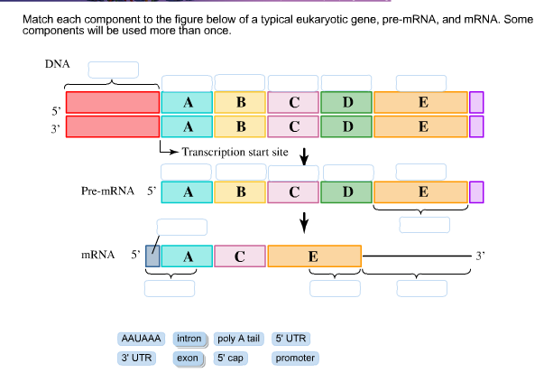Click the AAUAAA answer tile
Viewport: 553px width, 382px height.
pyautogui.click(x=141, y=339)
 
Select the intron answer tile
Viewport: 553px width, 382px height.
pyautogui.click(x=189, y=339)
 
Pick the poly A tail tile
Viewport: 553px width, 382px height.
pyautogui.click(x=239, y=339)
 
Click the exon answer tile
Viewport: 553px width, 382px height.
pyautogui.click(x=188, y=358)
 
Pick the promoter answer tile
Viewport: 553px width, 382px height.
pyautogui.click(x=295, y=358)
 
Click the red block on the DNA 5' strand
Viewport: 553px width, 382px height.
pyautogui.click(x=113, y=102)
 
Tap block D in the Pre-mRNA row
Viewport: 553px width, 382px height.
pyautogui.click(x=347, y=191)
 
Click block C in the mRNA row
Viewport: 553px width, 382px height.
pyautogui.click(x=239, y=256)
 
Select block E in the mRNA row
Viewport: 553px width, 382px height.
pyautogui.click(x=314, y=256)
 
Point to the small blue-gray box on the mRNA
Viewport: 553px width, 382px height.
pyautogui.click(x=152, y=256)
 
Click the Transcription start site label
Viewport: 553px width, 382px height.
pyautogui.click(x=235, y=152)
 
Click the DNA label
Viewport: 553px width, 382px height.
pyautogui.click(x=57, y=64)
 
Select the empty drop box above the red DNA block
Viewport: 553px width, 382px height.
pyautogui.click(x=113, y=70)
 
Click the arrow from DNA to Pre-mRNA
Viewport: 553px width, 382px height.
pyautogui.click(x=304, y=156)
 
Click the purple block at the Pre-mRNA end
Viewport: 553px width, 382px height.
pyautogui.click(x=477, y=191)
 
